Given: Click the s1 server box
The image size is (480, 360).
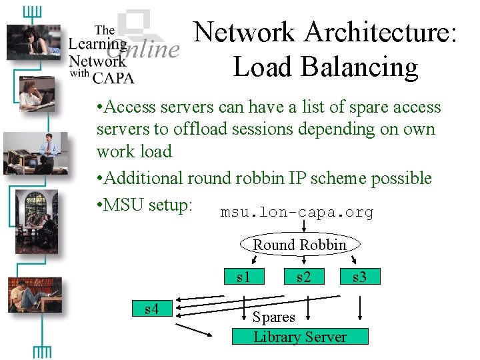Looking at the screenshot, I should click(x=244, y=276).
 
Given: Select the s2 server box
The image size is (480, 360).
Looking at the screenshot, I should click(x=303, y=276).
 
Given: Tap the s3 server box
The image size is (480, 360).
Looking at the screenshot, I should click(x=359, y=276).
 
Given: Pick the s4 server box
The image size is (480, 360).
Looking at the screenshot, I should click(x=151, y=309).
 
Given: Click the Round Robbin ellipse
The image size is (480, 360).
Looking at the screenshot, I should click(x=299, y=245).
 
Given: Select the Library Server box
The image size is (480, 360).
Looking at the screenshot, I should click(x=299, y=337).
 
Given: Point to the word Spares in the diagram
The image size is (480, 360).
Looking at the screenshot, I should click(x=273, y=317).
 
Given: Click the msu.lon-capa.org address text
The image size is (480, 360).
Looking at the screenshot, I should click(x=297, y=213).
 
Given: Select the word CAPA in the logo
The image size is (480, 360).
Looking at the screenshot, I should click(x=113, y=77).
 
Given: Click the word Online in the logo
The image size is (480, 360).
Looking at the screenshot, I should click(x=143, y=49).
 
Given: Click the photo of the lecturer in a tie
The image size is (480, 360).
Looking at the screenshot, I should click(x=35, y=153).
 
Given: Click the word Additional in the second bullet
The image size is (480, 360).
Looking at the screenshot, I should click(x=143, y=178).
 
